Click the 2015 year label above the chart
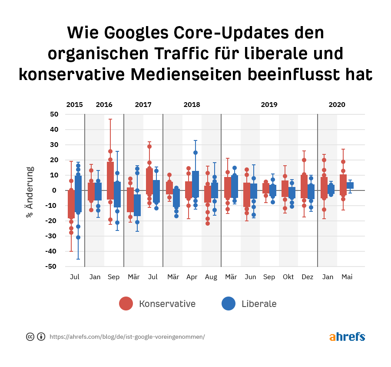click(75, 105)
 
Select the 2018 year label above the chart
click(192, 105)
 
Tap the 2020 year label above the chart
click(337, 105)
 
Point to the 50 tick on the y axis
click(54, 114)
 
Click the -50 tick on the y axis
click(52, 267)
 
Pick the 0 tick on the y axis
click(56, 190)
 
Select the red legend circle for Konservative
click(126, 304)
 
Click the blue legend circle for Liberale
click(229, 304)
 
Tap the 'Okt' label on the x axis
click(288, 277)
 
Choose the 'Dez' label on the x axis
click(308, 277)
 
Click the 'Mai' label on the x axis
click(347, 277)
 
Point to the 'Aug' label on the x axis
click(211, 277)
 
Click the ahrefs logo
click(347, 337)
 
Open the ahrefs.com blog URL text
click(127, 337)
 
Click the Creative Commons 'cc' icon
click(30, 337)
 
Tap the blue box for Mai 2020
click(350, 185)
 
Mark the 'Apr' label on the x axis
click(192, 277)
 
